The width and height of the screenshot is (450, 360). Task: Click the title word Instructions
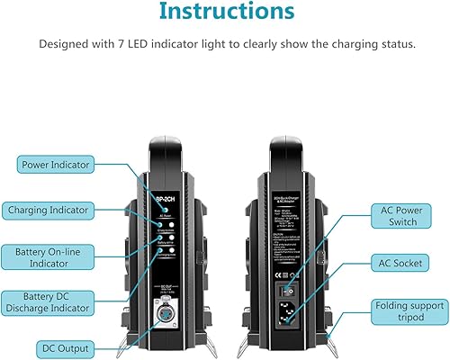tap(224, 12)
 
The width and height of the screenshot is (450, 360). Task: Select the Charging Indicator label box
tap(57, 210)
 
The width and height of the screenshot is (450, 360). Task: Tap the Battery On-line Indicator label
tap(57, 256)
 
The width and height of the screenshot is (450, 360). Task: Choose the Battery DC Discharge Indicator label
tap(56, 303)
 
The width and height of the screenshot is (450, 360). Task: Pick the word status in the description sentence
tap(391, 43)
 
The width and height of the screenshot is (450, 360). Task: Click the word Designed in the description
tap(64, 43)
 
